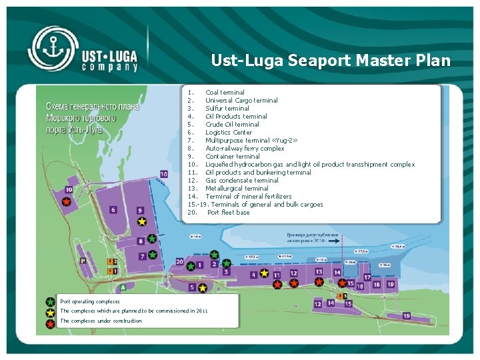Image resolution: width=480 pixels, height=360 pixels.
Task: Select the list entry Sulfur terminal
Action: [x=227, y=108]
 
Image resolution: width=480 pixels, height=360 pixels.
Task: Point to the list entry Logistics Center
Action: [x=228, y=132]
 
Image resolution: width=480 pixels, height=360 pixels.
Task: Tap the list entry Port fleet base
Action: [x=228, y=212]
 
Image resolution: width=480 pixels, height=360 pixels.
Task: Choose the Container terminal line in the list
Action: [x=232, y=156]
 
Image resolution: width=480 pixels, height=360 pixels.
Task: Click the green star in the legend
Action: [x=50, y=302]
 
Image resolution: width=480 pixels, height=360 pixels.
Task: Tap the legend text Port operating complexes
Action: [x=90, y=301]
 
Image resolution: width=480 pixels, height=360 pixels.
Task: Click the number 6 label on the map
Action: [x=114, y=209]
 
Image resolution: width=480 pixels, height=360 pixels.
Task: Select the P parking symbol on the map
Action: [x=83, y=261]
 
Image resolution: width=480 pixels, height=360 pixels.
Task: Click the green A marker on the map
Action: [x=123, y=287]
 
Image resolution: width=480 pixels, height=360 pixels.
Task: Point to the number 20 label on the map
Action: [x=180, y=262]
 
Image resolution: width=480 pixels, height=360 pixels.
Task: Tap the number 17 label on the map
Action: [x=367, y=277]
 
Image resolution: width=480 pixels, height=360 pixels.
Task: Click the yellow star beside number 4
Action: [x=265, y=273]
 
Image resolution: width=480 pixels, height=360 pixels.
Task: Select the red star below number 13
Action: [x=319, y=282]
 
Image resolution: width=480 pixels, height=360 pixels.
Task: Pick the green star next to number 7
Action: [x=153, y=254]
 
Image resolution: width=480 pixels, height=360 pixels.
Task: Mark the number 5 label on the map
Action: [x=193, y=287]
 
